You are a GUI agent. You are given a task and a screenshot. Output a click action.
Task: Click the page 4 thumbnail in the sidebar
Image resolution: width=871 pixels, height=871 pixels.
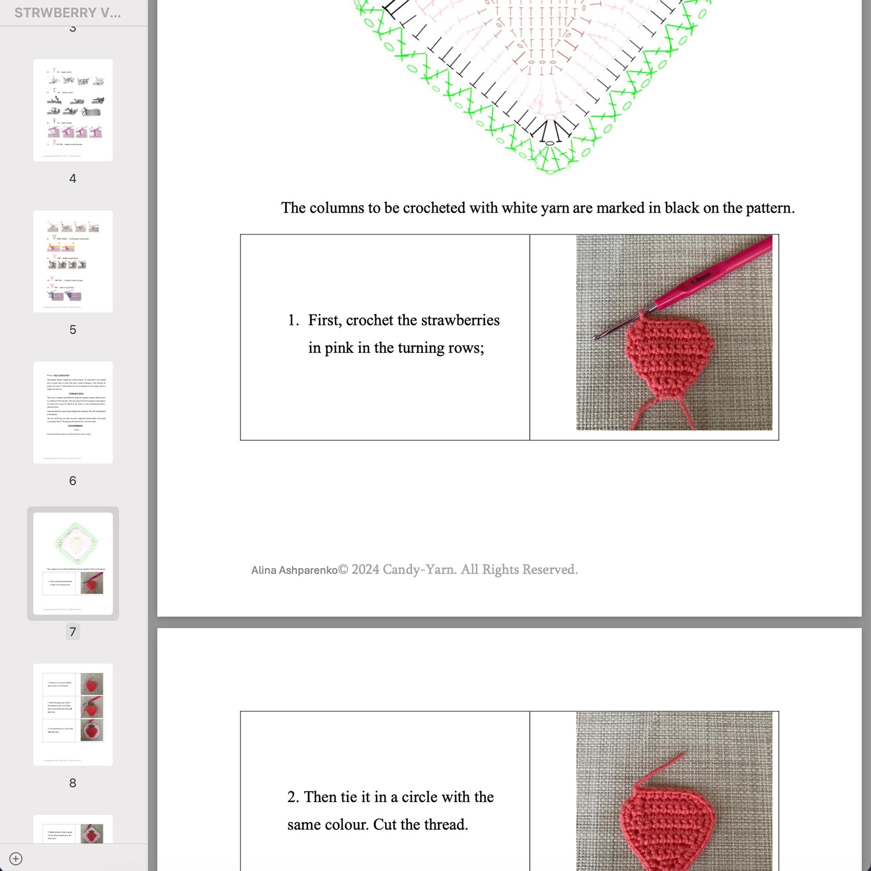tap(73, 110)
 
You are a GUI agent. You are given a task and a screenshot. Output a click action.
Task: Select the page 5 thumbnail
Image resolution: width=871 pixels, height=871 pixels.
tap(73, 261)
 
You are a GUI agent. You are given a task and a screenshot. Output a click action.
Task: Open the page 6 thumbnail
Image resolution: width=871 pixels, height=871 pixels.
tap(73, 412)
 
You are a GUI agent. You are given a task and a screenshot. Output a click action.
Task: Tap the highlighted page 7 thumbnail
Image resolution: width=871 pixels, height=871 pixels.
tap(73, 563)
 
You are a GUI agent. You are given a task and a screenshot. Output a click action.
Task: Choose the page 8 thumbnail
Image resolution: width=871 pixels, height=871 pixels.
tap(73, 714)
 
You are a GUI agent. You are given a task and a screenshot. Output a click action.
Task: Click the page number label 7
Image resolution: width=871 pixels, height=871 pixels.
tap(73, 631)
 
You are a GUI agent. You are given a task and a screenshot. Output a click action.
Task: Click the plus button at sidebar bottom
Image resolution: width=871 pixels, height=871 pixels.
tap(16, 858)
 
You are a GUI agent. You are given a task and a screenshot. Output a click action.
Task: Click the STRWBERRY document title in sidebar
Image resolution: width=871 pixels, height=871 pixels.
tap(68, 13)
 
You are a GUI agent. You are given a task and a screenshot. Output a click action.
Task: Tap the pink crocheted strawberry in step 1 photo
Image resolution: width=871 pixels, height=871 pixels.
tap(669, 361)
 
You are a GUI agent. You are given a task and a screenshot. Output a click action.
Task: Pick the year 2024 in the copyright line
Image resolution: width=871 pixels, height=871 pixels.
tap(365, 569)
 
